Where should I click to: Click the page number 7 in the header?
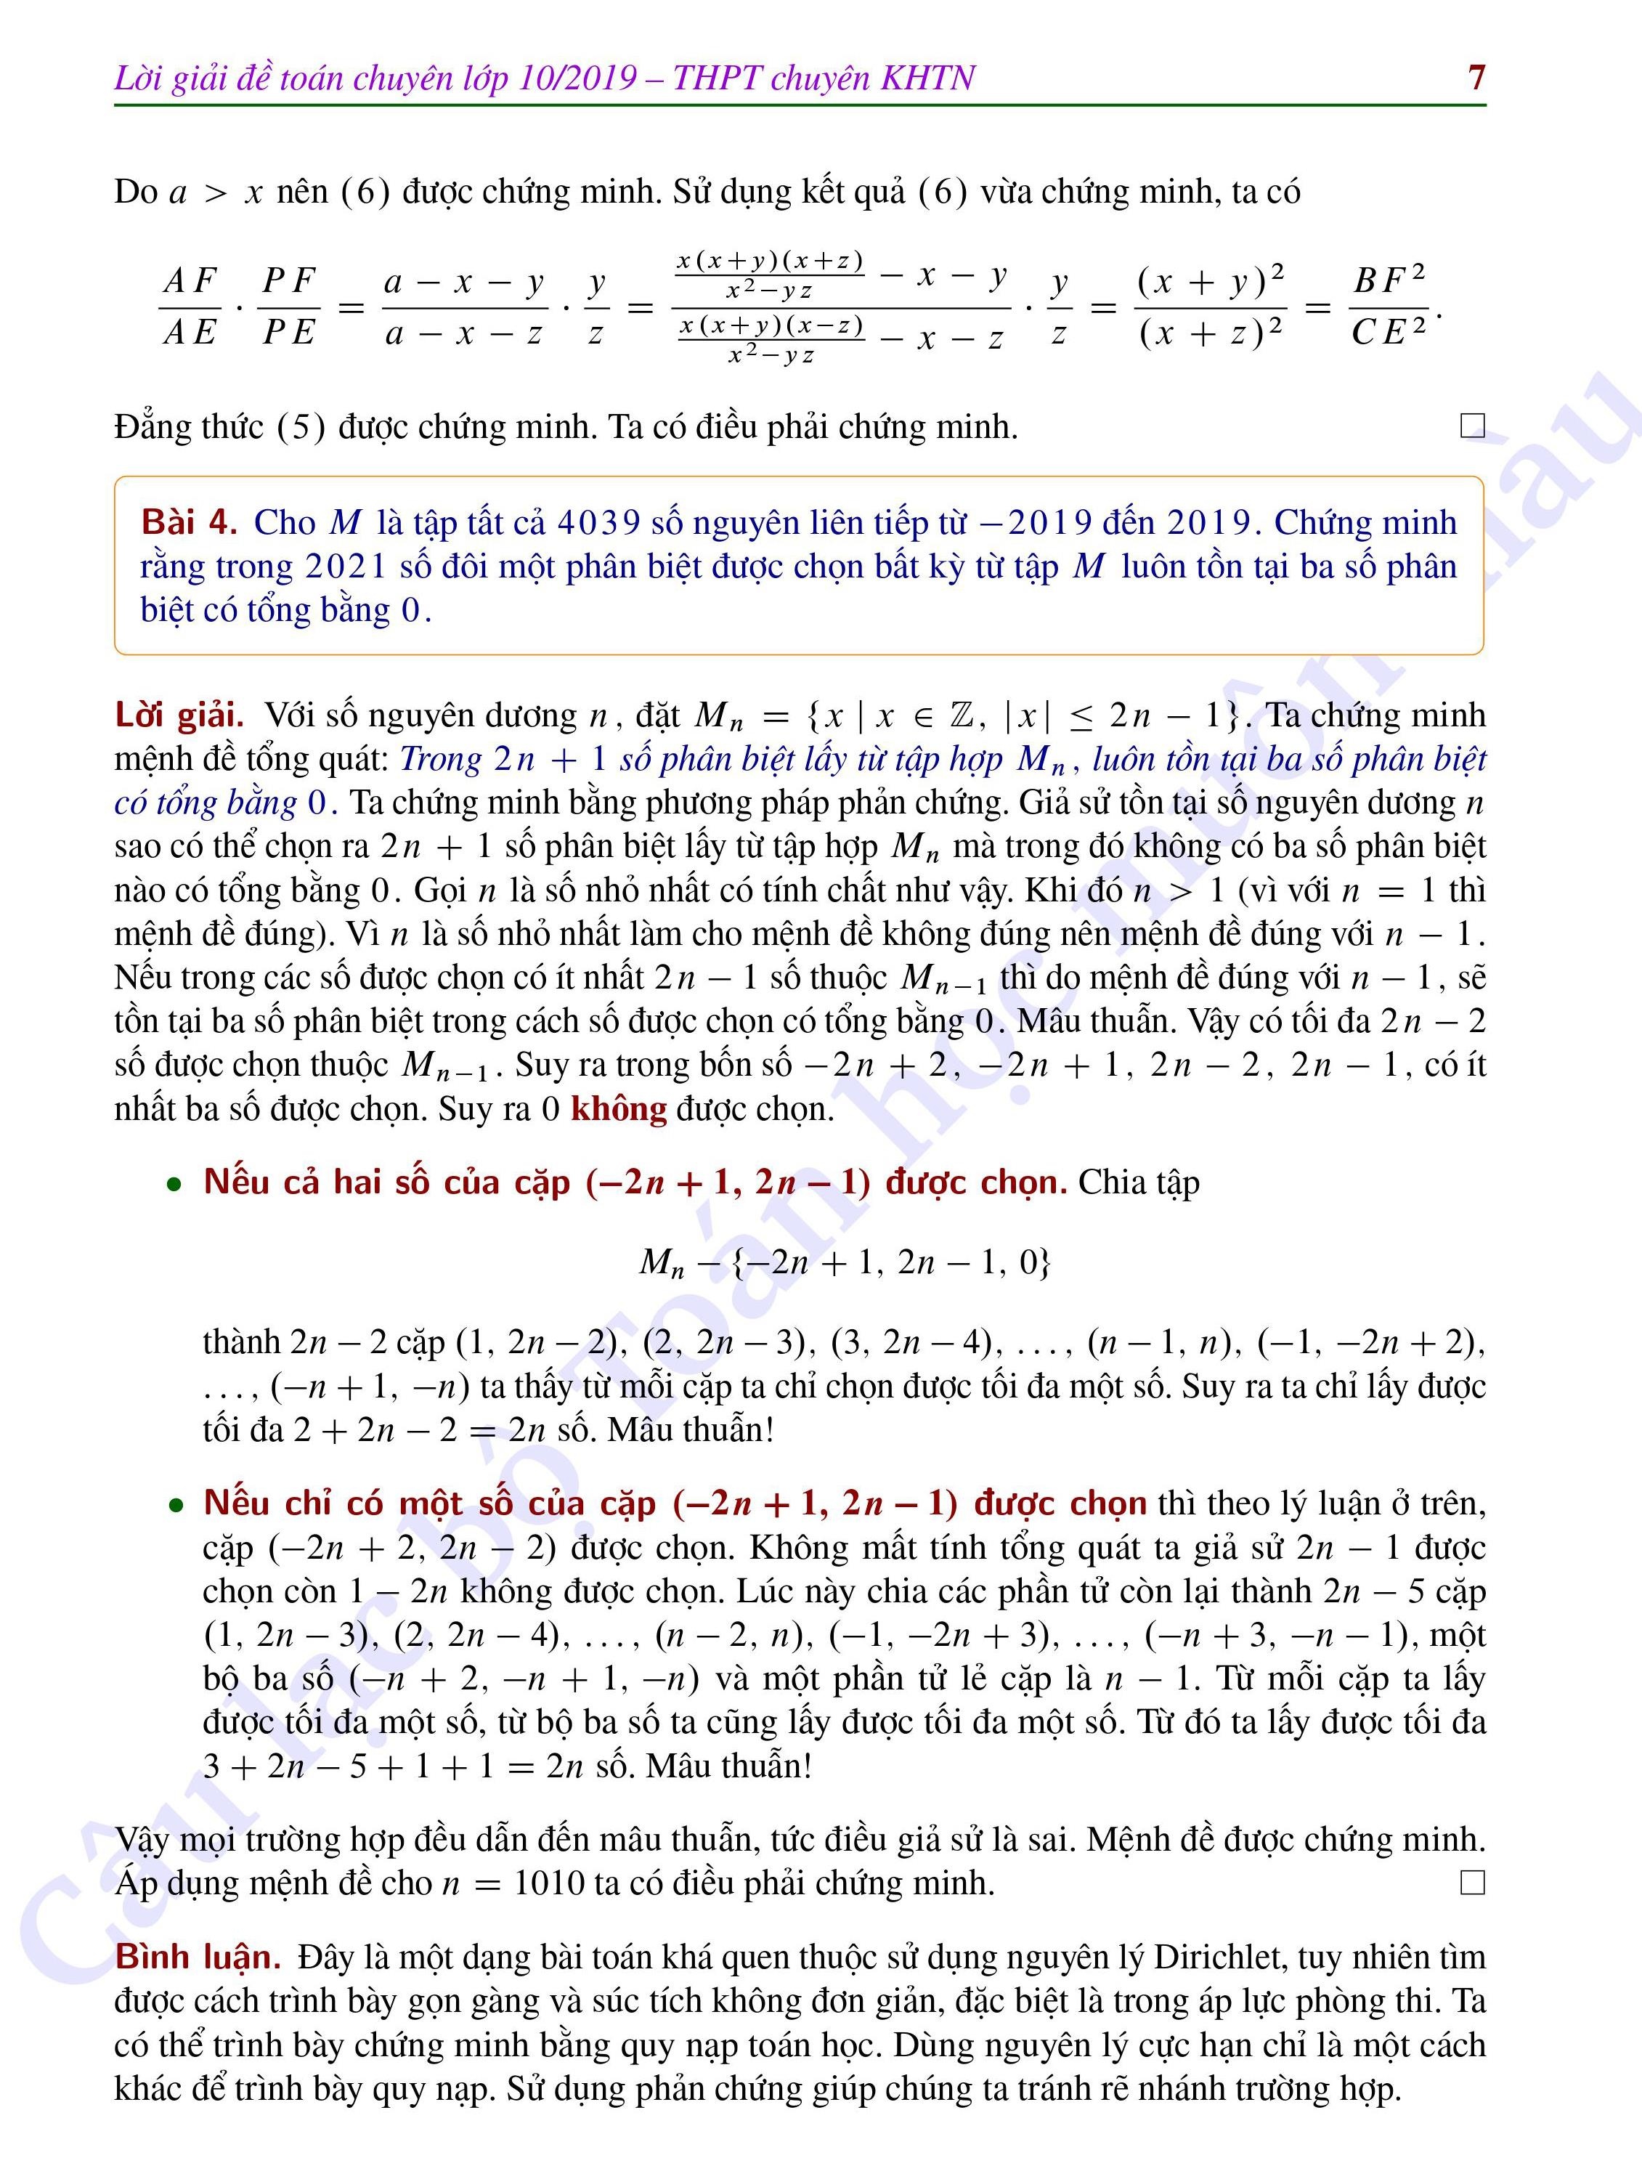pyautogui.click(x=1476, y=77)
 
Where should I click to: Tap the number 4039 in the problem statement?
pyautogui.click(x=598, y=522)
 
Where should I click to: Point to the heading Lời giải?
pyautogui.click(x=178, y=714)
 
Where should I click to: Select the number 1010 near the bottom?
pyautogui.click(x=550, y=1883)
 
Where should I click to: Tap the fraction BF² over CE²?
pyautogui.click(x=1389, y=307)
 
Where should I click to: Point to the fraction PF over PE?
pyautogui.click(x=288, y=307)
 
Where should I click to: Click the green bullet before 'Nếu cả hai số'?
pyautogui.click(x=175, y=1184)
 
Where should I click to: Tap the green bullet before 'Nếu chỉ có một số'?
pyautogui.click(x=175, y=1505)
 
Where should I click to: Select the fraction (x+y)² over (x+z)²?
pyautogui.click(x=1211, y=307)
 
